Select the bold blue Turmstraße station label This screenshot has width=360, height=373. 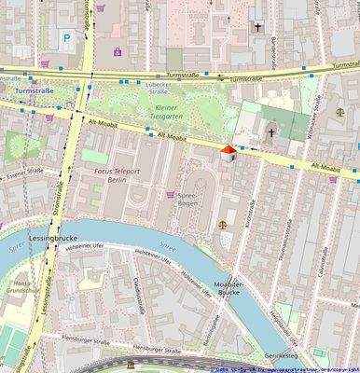click(x=34, y=91)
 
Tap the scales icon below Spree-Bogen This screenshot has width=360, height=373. click(x=222, y=224)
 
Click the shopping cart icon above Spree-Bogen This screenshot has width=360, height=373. click(x=170, y=195)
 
